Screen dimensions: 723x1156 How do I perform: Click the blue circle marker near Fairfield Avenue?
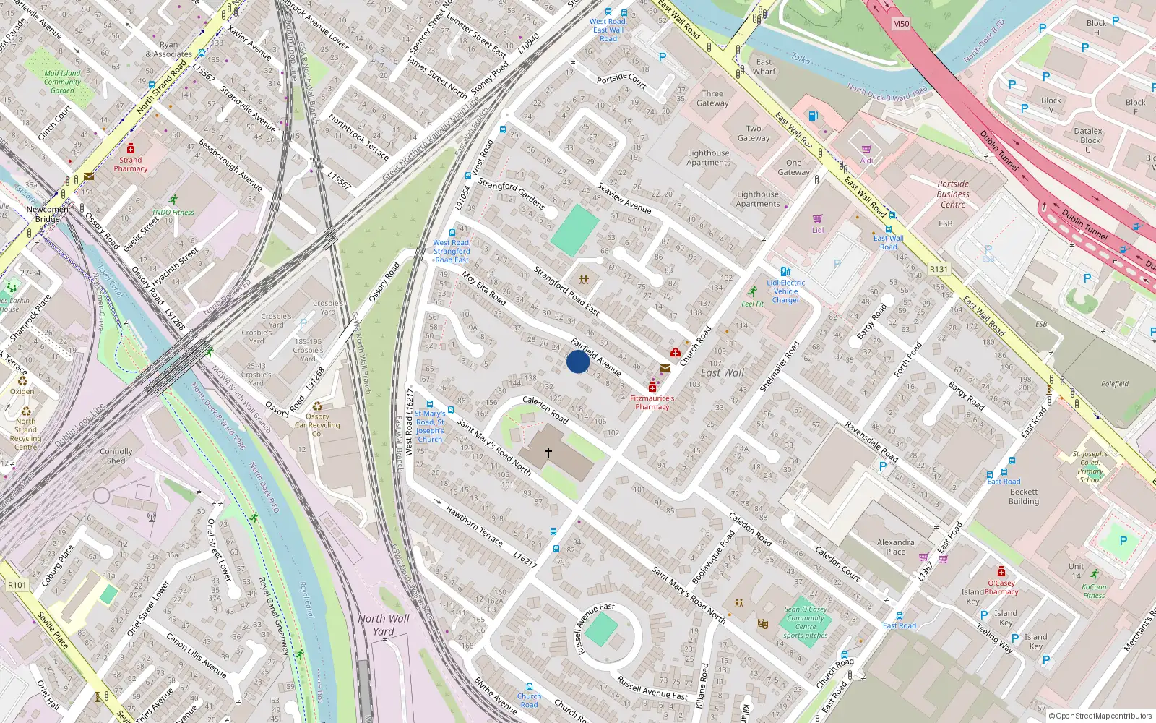pos(577,361)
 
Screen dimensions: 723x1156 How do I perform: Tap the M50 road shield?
pos(901,24)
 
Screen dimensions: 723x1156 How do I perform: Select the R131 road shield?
pos(939,269)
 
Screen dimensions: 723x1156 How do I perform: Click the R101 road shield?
pos(17,585)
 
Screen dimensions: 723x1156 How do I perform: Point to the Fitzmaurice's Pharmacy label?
pos(652,403)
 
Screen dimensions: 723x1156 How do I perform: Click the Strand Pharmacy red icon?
pos(131,148)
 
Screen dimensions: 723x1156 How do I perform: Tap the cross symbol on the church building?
pos(548,453)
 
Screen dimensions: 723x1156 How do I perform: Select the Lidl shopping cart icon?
pos(818,218)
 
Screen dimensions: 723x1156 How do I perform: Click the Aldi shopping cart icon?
pos(866,150)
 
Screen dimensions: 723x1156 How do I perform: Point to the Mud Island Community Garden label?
pos(62,82)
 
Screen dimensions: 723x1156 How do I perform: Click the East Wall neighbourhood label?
pos(722,373)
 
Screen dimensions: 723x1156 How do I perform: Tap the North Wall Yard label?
pos(383,625)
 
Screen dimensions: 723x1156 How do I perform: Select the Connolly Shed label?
pos(116,456)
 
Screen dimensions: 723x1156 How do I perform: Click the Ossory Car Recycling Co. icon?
pos(317,406)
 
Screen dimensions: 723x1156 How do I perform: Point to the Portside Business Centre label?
pos(953,194)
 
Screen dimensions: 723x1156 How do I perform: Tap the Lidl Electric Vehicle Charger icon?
pos(785,272)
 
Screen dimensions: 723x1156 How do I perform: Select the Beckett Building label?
pos(1024,497)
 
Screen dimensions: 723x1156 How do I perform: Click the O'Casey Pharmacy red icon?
pos(1001,572)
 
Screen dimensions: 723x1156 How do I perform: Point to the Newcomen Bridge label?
pos(48,214)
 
